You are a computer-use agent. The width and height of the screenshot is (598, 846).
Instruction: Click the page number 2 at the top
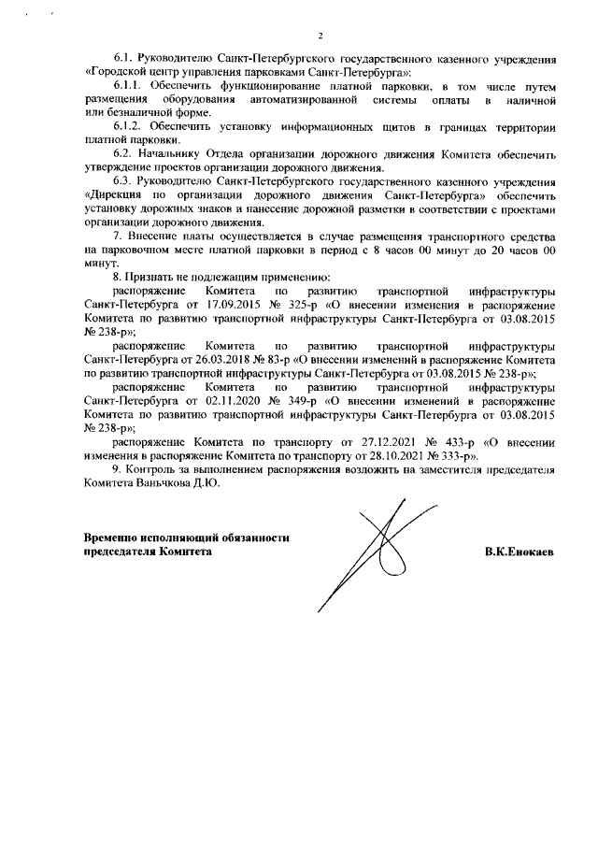tap(320, 36)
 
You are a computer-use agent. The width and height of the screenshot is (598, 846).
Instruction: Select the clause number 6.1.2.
tap(128, 126)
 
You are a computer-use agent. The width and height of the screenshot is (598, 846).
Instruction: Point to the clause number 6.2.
tap(122, 152)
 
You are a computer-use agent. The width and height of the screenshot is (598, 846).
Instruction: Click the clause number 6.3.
tap(122, 179)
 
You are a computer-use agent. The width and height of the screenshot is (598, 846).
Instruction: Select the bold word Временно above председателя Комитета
tap(112, 538)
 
